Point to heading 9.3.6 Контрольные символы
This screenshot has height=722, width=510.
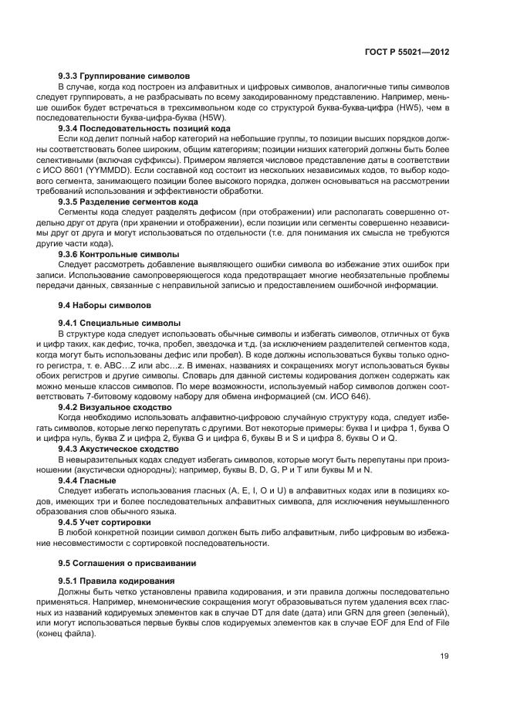click(x=119, y=253)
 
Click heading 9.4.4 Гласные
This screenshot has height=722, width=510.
click(x=87, y=480)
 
